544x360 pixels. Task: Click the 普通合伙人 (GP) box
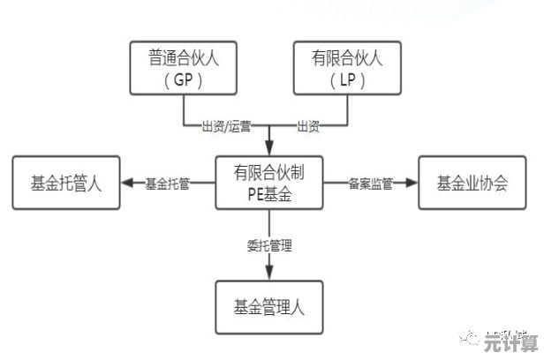coord(184,67)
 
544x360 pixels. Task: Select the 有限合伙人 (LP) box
coord(346,67)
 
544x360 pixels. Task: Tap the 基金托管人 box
coord(66,184)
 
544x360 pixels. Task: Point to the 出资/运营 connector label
coord(226,125)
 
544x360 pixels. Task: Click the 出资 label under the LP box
coord(307,125)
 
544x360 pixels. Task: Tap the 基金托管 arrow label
coord(167,184)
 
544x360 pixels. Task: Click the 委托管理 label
coord(268,244)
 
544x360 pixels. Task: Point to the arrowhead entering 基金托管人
coord(127,184)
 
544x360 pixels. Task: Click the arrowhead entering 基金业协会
coord(412,184)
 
